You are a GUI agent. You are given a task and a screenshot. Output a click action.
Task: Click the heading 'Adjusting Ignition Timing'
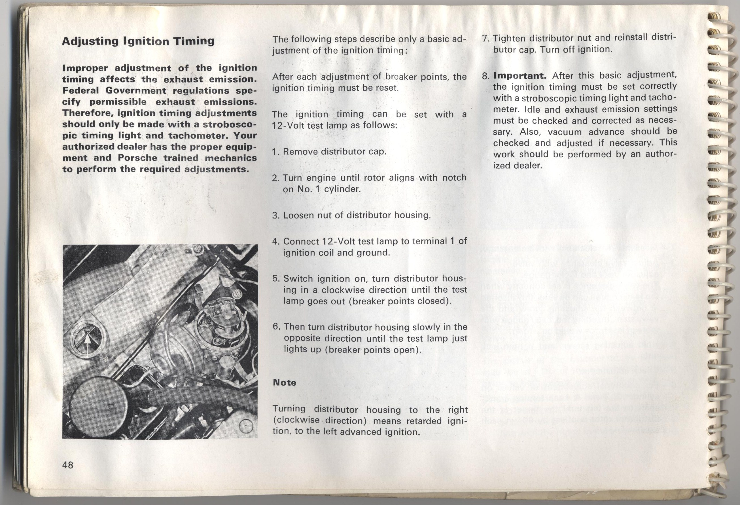pyautogui.click(x=138, y=41)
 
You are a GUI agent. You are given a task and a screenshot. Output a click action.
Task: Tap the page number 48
pyautogui.click(x=68, y=465)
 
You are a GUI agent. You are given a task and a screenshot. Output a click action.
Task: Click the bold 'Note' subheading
pyautogui.click(x=284, y=382)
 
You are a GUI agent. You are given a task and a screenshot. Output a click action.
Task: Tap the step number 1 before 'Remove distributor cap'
pyautogui.click(x=275, y=152)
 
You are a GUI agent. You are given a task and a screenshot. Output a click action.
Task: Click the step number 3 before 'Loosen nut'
pyautogui.click(x=275, y=215)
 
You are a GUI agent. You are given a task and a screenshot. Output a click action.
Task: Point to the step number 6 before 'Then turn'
pyautogui.click(x=276, y=327)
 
